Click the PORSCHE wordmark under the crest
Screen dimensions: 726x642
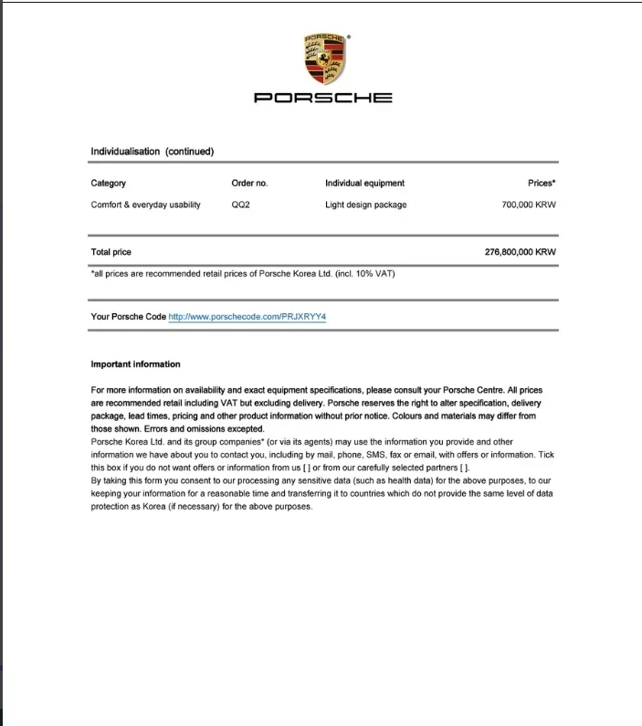click(322, 98)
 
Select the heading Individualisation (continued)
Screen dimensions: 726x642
click(152, 152)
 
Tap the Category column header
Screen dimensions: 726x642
click(109, 184)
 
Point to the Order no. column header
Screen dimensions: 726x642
click(249, 184)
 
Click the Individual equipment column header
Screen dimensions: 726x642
click(364, 184)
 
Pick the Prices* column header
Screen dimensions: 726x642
click(542, 184)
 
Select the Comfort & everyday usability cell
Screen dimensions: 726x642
click(145, 205)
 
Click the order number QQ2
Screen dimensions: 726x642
click(241, 205)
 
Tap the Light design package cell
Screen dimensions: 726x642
click(365, 205)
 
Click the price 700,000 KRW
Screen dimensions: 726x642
click(529, 205)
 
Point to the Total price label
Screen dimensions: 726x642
click(111, 251)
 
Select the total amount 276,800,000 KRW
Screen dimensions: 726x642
click(520, 251)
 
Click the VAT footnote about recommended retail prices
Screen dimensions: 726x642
click(243, 273)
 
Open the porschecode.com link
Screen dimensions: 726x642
click(247, 317)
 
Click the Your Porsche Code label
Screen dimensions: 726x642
click(129, 317)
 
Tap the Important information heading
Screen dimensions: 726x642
click(135, 364)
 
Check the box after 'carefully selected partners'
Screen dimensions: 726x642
click(464, 468)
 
